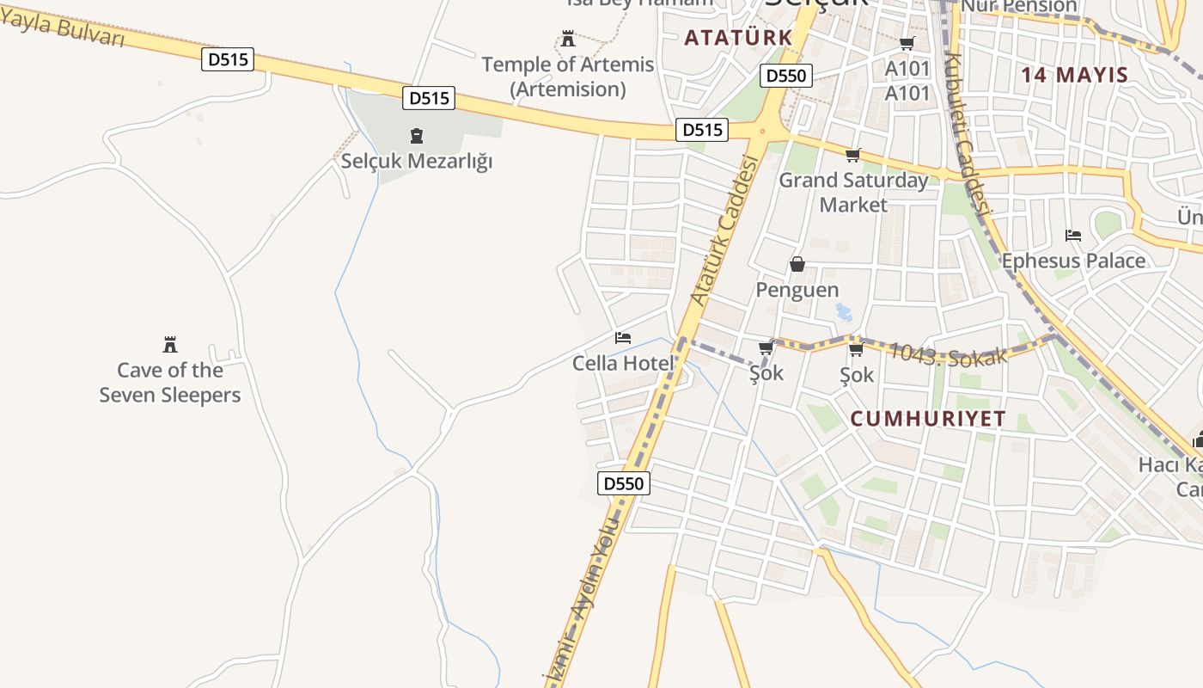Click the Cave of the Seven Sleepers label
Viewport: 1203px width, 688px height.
pyautogui.click(x=170, y=383)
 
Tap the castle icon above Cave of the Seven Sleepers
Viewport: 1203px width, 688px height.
pyautogui.click(x=170, y=345)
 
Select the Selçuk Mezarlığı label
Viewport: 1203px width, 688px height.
pyautogui.click(x=417, y=161)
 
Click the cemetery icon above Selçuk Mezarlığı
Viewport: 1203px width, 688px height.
pyautogui.click(x=417, y=136)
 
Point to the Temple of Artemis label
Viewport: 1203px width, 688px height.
pyautogui.click(x=567, y=77)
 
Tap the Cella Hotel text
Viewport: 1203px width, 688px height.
pyautogui.click(x=623, y=363)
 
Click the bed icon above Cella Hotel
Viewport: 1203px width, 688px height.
pyautogui.click(x=623, y=337)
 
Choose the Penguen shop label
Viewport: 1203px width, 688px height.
pyautogui.click(x=797, y=290)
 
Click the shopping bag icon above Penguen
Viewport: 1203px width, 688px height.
pyautogui.click(x=797, y=264)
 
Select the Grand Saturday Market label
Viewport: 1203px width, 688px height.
pyautogui.click(x=853, y=192)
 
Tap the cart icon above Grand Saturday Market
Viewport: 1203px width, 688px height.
pyautogui.click(x=853, y=156)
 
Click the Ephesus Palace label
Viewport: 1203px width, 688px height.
pyautogui.click(x=1073, y=261)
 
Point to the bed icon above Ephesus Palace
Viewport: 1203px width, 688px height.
pyautogui.click(x=1073, y=235)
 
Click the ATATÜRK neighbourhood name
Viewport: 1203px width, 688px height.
pyautogui.click(x=738, y=38)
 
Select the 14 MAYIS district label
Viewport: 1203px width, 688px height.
pyautogui.click(x=1074, y=75)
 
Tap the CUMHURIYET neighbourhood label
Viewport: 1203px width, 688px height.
pyautogui.click(x=928, y=419)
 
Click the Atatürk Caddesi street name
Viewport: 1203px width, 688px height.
pyautogui.click(x=726, y=230)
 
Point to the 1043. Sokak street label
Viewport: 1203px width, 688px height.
pyautogui.click(x=946, y=353)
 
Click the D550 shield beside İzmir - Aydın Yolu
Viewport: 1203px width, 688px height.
pyautogui.click(x=624, y=483)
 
